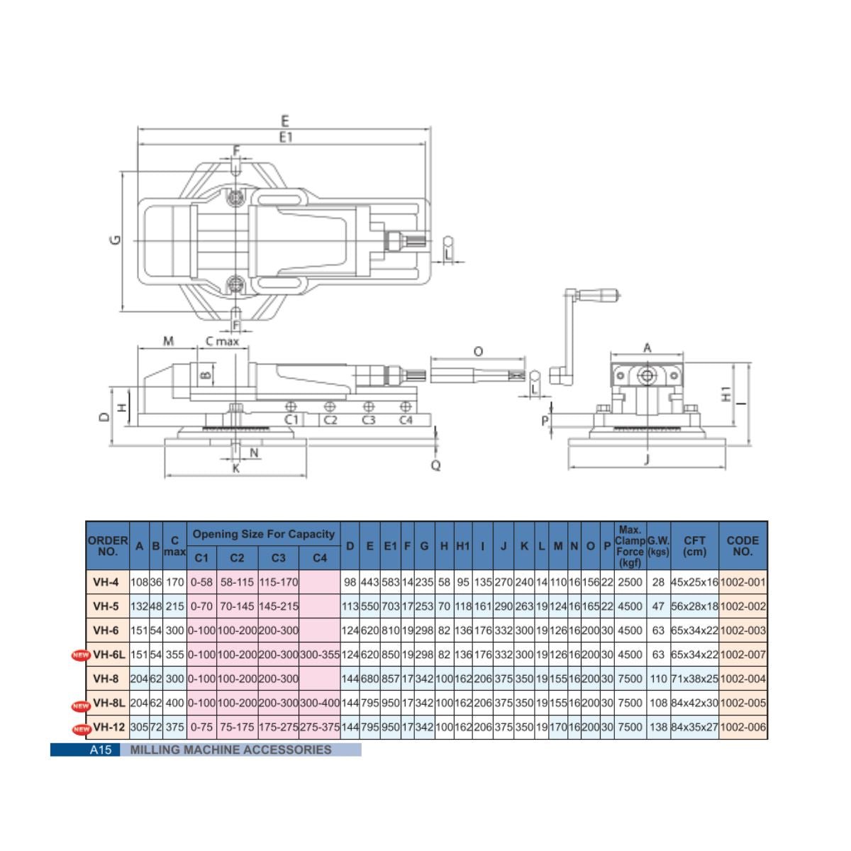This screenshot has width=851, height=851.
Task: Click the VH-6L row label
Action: point(109,654)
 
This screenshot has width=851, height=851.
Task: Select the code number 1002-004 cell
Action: point(742,679)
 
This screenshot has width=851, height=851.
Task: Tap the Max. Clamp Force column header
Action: point(630,546)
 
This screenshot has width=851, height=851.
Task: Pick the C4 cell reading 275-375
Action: point(320,727)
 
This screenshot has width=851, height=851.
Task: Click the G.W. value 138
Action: point(658,727)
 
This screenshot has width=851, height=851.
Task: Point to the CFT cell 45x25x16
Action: point(695,582)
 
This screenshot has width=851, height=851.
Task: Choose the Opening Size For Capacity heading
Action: point(264,534)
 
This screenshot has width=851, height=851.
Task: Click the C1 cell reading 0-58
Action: point(201,582)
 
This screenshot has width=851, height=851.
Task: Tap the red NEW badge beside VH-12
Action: point(82,729)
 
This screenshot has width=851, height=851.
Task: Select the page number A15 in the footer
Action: point(100,750)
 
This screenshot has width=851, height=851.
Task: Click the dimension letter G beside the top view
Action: point(115,240)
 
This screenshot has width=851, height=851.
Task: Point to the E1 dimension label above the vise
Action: point(286,138)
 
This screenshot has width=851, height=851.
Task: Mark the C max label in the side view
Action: point(222,341)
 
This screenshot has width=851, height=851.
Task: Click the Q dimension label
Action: point(435,465)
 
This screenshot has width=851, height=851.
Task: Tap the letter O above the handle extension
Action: point(478,352)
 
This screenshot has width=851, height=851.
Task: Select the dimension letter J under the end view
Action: point(647,460)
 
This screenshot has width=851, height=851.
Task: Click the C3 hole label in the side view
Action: point(368,420)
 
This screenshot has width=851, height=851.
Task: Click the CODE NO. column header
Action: point(742,546)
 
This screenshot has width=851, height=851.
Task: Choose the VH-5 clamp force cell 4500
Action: point(630,606)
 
